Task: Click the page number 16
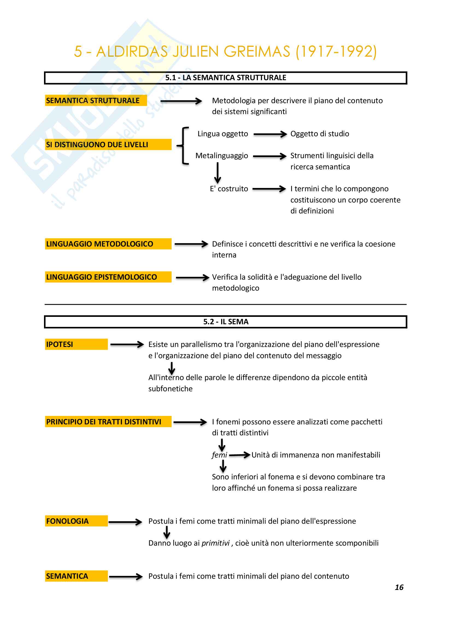[399, 587]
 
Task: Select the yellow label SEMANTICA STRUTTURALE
[93, 101]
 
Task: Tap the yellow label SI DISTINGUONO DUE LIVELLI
[97, 145]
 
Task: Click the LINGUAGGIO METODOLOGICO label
[100, 244]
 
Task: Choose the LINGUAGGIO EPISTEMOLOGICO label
[102, 277]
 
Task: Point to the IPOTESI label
[60, 344]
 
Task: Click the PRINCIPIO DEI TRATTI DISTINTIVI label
[104, 422]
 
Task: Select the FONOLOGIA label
[67, 521]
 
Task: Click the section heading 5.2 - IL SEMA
[226, 322]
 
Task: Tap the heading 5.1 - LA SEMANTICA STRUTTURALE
[226, 78]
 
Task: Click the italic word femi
[219, 455]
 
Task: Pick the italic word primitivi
[215, 543]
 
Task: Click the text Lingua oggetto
[223, 134]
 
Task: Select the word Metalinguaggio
[222, 155]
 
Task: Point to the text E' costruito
[229, 189]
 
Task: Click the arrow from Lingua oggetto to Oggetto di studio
[270, 134]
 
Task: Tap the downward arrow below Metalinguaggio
[218, 173]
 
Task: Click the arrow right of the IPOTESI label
[127, 344]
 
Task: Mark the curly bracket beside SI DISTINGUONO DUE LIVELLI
[184, 146]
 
